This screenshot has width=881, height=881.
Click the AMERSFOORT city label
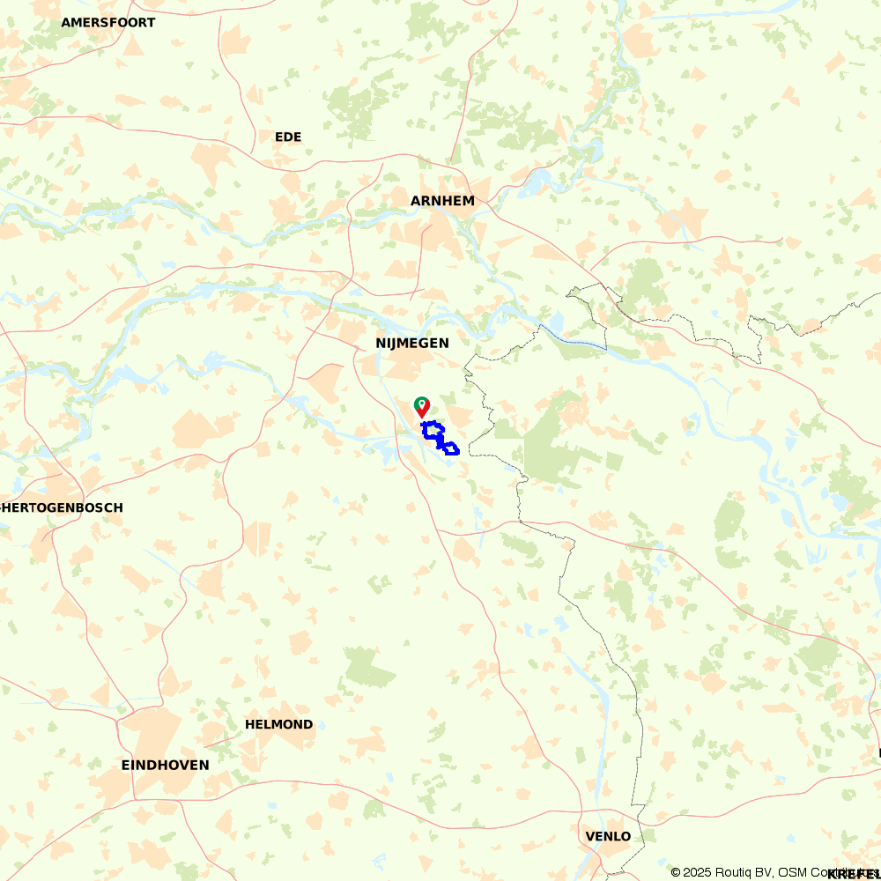coord(107,22)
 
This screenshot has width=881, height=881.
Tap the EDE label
coord(288,137)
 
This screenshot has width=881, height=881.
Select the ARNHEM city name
coord(442,201)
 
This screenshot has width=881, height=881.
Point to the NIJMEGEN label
coord(411,343)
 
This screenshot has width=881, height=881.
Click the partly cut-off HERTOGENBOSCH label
coord(62,507)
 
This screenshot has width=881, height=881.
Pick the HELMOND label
coord(278,724)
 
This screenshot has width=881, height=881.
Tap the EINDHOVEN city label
coord(165,765)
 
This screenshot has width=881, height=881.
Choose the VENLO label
coord(608,836)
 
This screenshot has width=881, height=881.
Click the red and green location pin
coord(422,406)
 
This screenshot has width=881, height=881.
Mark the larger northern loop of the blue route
coord(432,431)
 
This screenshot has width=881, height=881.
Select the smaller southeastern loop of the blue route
coord(450,449)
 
